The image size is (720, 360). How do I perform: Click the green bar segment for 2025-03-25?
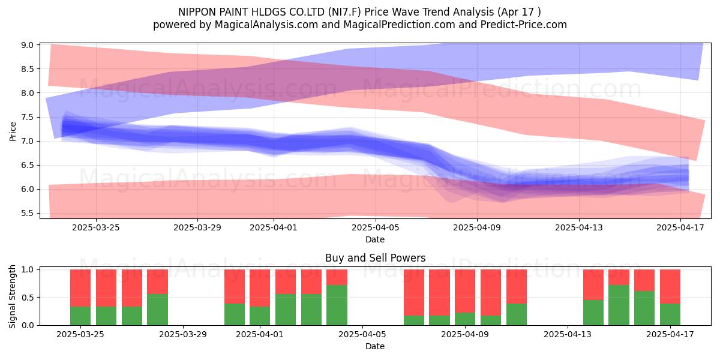80,316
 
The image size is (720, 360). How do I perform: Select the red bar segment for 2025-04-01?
260,288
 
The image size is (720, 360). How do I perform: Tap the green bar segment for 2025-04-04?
337,305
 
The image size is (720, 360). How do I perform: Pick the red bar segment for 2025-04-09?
465,291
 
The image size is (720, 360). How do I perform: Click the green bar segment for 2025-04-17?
670,314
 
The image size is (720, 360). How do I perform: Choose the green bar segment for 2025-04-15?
619,305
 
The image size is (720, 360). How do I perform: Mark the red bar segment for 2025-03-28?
157,282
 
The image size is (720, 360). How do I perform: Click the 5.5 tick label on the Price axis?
28,214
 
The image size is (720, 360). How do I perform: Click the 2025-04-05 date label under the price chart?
376,227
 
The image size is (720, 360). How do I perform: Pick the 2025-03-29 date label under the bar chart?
183,334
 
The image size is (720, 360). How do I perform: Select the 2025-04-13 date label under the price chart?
579,227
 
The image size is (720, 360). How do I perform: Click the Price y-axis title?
13,131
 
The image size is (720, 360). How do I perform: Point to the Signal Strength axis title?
12,296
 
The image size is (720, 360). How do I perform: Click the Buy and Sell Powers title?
376,258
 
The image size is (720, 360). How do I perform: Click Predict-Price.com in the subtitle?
524,25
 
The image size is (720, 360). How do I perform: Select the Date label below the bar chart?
375,346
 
